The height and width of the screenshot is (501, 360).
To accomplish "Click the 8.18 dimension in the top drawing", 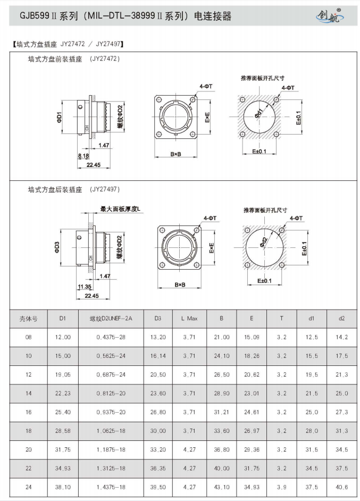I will (83, 155).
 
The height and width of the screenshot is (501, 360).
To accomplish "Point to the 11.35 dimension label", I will (84, 287).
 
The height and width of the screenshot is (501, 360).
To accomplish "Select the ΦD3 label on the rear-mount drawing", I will (57, 247).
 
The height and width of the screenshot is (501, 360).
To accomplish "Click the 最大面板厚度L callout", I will (120, 209).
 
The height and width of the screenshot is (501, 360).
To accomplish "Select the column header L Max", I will (189, 319).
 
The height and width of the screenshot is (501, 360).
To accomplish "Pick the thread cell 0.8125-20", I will (111, 394).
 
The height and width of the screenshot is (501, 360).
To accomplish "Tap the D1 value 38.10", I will (63, 487).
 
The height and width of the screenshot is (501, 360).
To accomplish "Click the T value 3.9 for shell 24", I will (281, 487).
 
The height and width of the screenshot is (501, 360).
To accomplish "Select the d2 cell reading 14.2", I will (342, 337).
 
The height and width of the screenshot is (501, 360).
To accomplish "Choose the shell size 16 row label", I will (28, 412).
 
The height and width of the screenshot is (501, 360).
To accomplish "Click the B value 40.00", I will (221, 469).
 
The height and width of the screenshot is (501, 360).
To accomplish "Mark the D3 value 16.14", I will (158, 356).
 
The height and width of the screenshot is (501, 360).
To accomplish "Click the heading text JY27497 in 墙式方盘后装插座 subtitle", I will (105, 189).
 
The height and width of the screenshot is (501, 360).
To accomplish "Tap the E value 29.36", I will (252, 450).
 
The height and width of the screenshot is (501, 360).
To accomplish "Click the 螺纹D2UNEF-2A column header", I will (111, 319).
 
